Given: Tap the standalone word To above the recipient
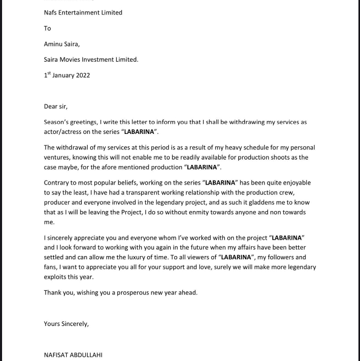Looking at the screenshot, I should (48, 28).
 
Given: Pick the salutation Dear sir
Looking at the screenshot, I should (56, 106).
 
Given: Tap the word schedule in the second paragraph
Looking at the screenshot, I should (236, 147).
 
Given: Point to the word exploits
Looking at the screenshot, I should (56, 277).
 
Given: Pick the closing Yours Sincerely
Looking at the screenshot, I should (66, 324).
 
